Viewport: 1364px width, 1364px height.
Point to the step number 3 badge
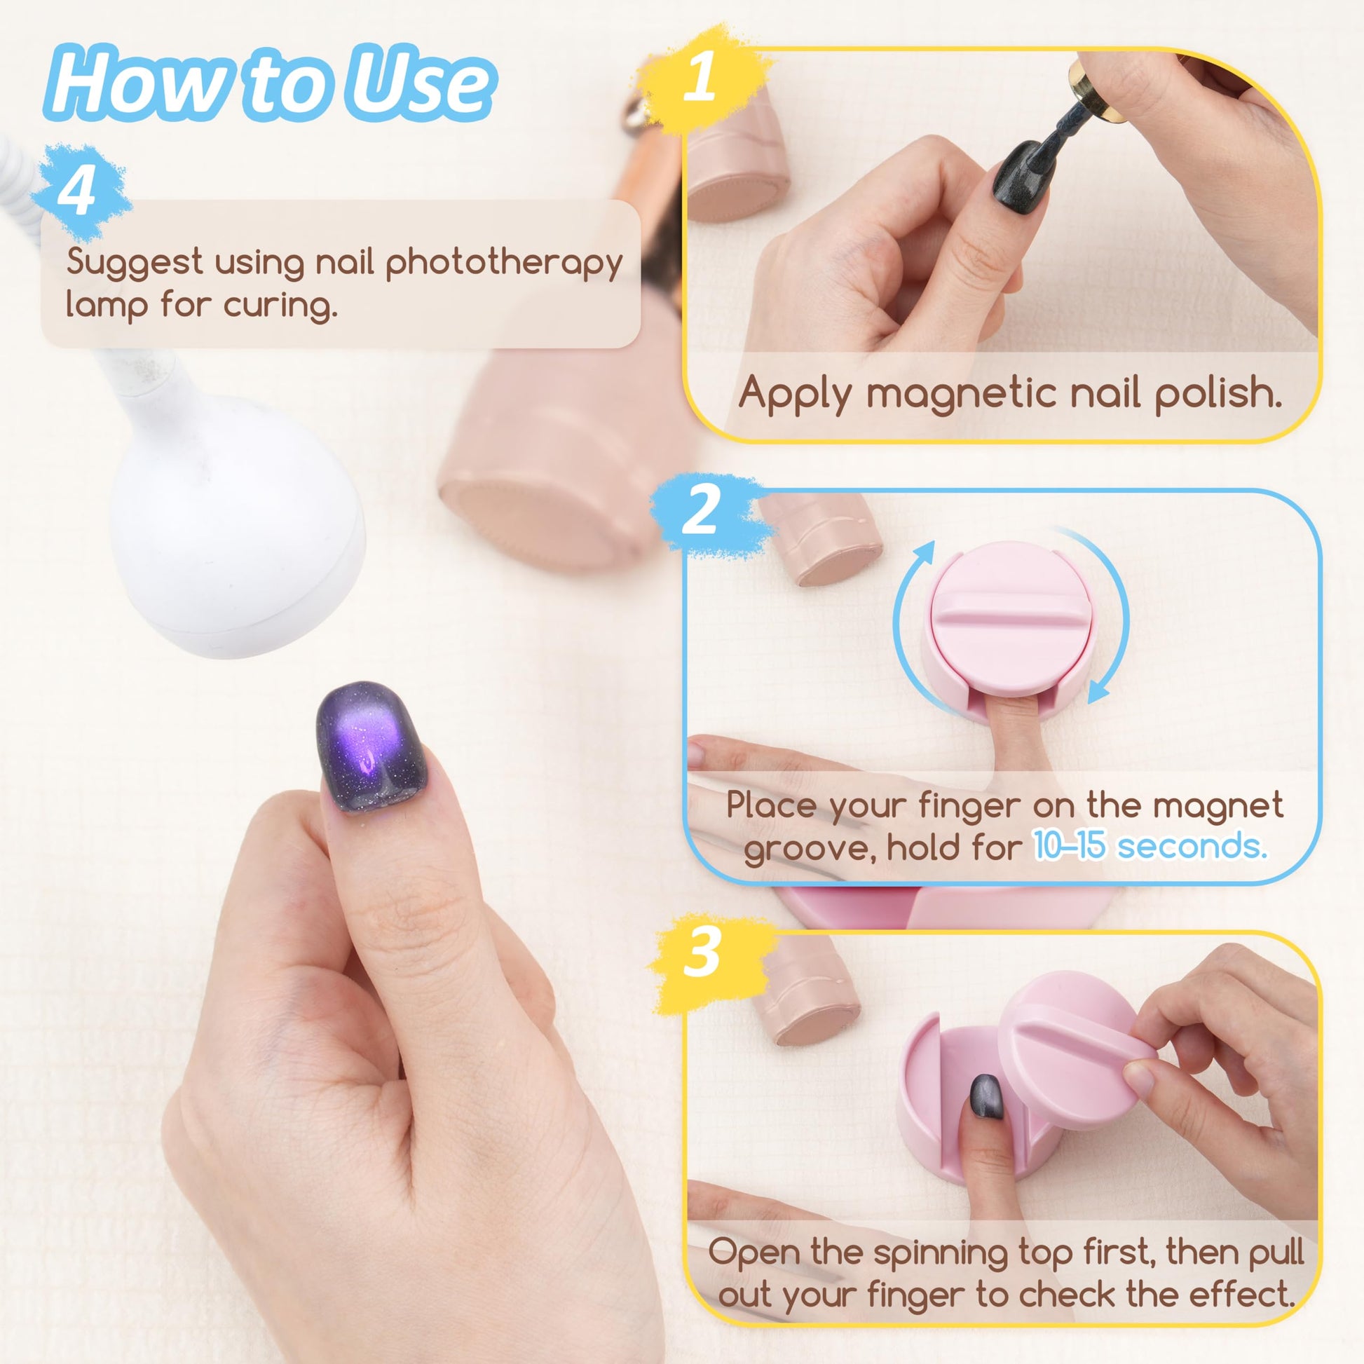click(702, 953)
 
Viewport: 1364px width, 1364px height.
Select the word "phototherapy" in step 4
click(504, 264)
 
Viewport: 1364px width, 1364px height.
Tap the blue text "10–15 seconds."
click(1151, 845)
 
